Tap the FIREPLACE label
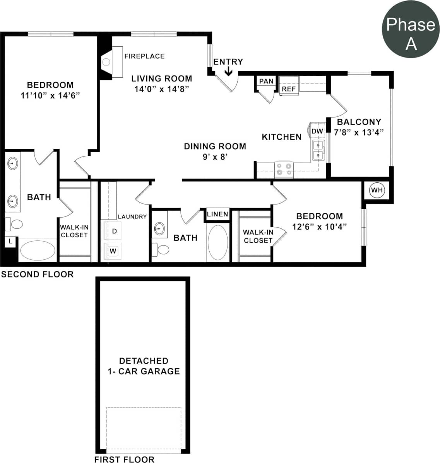coord(144,56)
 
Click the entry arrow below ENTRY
coord(228,71)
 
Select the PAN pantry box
coord(266,82)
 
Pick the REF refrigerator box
coord(289,89)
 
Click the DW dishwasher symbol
coord(317,131)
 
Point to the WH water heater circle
coord(377,190)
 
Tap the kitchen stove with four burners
coord(284,169)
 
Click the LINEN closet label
coord(217,214)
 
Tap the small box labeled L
coord(10,242)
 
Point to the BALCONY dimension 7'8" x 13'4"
coord(359,132)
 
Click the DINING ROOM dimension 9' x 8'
coord(215,157)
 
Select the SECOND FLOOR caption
coord(37,274)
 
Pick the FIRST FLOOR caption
coord(124,459)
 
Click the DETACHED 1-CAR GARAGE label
coord(144,366)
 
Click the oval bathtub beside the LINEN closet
coord(218,242)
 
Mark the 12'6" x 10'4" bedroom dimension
coord(319,227)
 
